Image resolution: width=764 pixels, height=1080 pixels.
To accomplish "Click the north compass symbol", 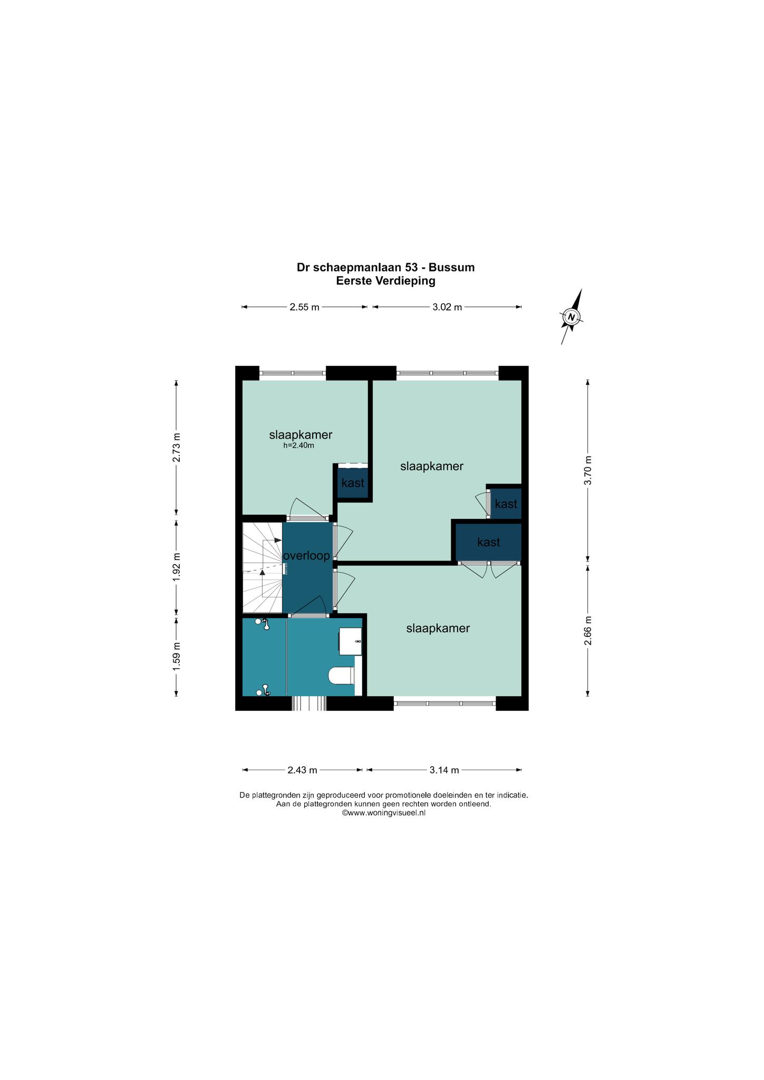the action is pyautogui.click(x=571, y=316).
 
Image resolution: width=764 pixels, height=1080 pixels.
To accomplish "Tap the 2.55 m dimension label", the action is pyautogui.click(x=304, y=307).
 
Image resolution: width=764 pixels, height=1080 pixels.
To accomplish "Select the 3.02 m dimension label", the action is pyautogui.click(x=447, y=307).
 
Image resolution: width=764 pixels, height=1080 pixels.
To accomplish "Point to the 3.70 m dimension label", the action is pyautogui.click(x=588, y=470).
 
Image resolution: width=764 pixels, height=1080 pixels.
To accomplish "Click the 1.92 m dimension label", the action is pyautogui.click(x=177, y=567).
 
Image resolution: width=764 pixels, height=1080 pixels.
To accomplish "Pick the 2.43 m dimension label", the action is pyautogui.click(x=302, y=770).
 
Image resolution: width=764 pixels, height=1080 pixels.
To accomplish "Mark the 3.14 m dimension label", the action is pyautogui.click(x=444, y=770).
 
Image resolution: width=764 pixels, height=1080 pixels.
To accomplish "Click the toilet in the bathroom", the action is pyautogui.click(x=341, y=676).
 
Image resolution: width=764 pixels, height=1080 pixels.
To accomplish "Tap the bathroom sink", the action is pyautogui.click(x=350, y=641).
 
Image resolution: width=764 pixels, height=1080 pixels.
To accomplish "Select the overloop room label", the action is pyautogui.click(x=306, y=556).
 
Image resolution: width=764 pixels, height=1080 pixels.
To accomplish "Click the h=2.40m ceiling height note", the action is pyautogui.click(x=298, y=446).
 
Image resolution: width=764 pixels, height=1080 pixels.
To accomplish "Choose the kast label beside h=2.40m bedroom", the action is pyautogui.click(x=353, y=483).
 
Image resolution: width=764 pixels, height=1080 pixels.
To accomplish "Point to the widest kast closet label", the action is pyautogui.click(x=488, y=542).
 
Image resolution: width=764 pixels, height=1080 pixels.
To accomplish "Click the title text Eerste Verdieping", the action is pyautogui.click(x=386, y=281).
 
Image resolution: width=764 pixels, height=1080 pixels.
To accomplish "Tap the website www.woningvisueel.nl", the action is pyautogui.click(x=383, y=813).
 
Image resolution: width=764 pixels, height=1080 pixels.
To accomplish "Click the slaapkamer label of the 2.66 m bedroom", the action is pyautogui.click(x=438, y=629).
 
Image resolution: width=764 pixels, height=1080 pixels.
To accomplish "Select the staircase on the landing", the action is pyautogui.click(x=263, y=567).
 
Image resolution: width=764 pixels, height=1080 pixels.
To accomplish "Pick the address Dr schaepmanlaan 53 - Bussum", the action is pyautogui.click(x=385, y=267).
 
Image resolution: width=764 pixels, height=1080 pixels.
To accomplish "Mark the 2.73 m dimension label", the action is pyautogui.click(x=177, y=447).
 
